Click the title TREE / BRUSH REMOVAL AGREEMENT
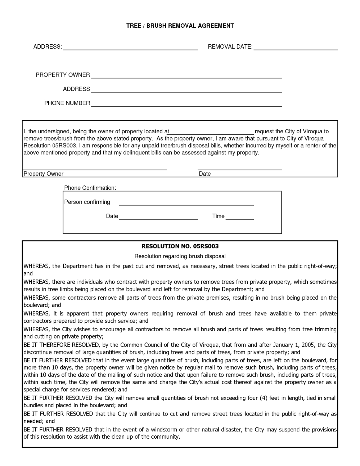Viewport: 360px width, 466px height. pos(180,26)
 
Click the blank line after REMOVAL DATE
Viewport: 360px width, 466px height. pos(296,49)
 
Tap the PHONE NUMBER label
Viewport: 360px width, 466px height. pos(67,103)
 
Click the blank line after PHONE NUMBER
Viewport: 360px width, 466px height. pos(186,106)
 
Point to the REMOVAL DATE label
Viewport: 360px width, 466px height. pos(230,47)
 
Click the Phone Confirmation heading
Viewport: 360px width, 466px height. pos(90,188)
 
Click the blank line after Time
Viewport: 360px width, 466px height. pos(240,218)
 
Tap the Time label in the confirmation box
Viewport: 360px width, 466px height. pos(218,216)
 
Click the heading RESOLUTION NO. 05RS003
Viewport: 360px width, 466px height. pos(180,246)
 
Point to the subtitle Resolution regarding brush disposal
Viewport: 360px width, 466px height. pos(180,256)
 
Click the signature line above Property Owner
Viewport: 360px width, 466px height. pos(95,169)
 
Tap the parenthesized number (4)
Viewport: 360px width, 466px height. pos(264,398)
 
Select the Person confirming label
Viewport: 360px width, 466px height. pos(87,202)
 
